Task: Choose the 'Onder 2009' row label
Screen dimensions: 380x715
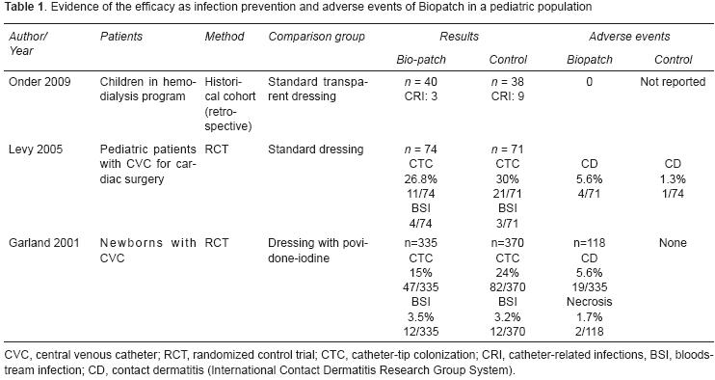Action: pos(38,84)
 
